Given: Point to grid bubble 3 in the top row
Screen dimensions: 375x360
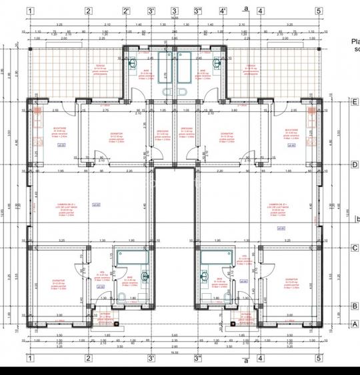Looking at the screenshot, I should coord(174,11).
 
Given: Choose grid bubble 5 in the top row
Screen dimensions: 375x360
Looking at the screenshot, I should coord(319,11).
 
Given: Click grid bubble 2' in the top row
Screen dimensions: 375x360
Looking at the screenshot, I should coord(127,11).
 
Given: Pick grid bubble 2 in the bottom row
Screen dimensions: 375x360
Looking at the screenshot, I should coord(88,357).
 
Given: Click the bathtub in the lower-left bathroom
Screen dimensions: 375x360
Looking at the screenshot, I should coord(126,255).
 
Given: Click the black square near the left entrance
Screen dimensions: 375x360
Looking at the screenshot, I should coord(116,324).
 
